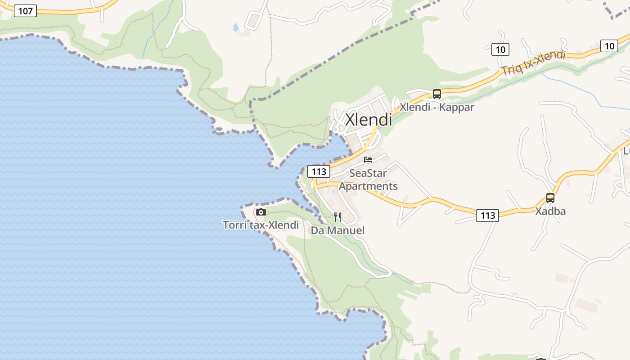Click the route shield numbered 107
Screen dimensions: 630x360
click(25, 11)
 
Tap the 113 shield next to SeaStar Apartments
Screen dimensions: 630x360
click(319, 171)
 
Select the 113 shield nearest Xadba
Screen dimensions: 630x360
click(488, 216)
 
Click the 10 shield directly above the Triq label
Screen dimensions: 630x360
click(500, 49)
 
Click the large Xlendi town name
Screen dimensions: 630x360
click(368, 120)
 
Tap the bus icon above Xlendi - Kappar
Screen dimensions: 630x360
click(436, 94)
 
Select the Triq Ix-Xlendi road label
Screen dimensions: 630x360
click(533, 63)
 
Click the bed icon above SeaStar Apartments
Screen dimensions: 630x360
click(368, 160)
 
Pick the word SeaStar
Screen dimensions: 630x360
click(368, 173)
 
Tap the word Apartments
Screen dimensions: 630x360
click(368, 186)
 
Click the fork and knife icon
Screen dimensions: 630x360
click(337, 218)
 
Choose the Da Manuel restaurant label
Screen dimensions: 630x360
click(337, 231)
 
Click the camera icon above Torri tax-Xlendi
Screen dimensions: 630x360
click(261, 212)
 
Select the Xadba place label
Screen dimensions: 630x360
click(550, 211)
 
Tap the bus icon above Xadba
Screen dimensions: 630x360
click(550, 198)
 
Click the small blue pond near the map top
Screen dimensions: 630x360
click(236, 28)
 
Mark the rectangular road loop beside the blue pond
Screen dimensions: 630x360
click(254, 20)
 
